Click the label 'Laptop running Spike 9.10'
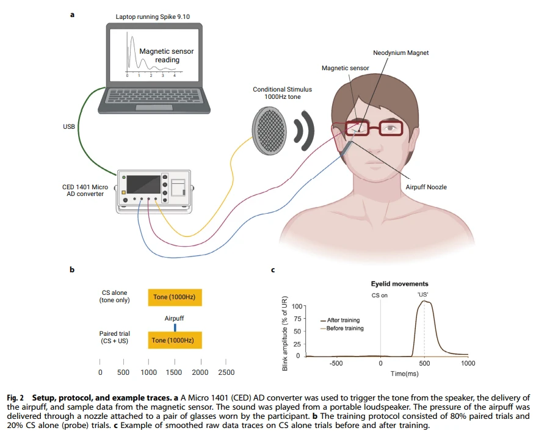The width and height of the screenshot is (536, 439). [153, 16]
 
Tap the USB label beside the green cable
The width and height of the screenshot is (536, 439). [69, 126]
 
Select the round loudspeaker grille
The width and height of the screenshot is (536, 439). [269, 131]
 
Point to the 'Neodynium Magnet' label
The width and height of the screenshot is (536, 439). [400, 53]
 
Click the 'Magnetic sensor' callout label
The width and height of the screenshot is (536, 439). [346, 68]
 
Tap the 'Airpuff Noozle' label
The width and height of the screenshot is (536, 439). [426, 187]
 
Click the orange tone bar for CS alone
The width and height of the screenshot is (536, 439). [175, 297]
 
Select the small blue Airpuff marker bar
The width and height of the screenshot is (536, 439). [175, 327]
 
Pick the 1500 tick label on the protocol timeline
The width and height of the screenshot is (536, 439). [173, 372]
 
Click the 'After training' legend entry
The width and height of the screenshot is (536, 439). [340, 321]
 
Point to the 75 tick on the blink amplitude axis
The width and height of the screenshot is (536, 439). [297, 319]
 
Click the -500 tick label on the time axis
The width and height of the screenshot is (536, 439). [336, 363]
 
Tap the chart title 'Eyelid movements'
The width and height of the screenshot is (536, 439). [400, 284]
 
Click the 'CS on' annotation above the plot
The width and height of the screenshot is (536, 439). [380, 296]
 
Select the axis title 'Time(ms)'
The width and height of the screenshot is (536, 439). [404, 374]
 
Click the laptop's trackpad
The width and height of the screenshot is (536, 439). [154, 107]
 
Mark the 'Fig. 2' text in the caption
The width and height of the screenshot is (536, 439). [15, 398]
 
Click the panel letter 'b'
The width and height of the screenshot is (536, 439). [72, 269]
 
